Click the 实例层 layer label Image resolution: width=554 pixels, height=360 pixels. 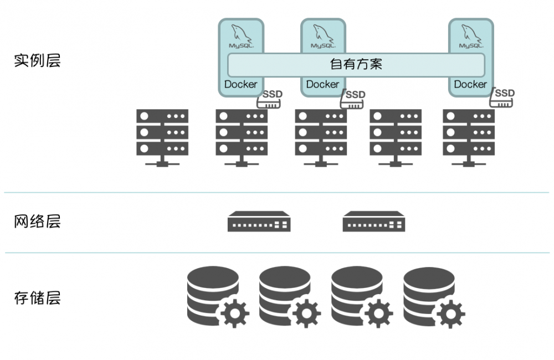[x=37, y=60]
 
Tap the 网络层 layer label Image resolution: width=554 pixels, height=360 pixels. [x=37, y=222]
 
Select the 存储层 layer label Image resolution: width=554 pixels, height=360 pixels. [x=37, y=298]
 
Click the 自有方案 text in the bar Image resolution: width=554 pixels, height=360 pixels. [x=356, y=65]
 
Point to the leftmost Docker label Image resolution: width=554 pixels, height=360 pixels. [x=240, y=84]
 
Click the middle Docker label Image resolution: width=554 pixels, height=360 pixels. [x=322, y=84]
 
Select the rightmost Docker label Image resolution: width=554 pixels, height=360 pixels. [x=470, y=84]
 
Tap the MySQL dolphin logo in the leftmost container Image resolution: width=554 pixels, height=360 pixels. [x=241, y=37]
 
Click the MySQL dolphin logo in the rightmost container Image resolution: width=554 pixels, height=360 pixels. [x=471, y=37]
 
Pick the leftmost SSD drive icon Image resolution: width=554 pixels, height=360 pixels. [x=270, y=98]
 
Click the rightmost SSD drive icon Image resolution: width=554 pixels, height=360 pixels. [x=502, y=98]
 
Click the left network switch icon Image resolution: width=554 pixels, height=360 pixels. [x=259, y=221]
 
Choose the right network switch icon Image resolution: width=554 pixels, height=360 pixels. [x=374, y=221]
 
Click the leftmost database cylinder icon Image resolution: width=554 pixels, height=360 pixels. [x=212, y=294]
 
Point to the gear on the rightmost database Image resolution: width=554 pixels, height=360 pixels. [x=450, y=314]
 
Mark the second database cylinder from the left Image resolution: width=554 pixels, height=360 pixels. [x=284, y=294]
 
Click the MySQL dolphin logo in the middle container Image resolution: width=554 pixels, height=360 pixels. [x=323, y=37]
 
